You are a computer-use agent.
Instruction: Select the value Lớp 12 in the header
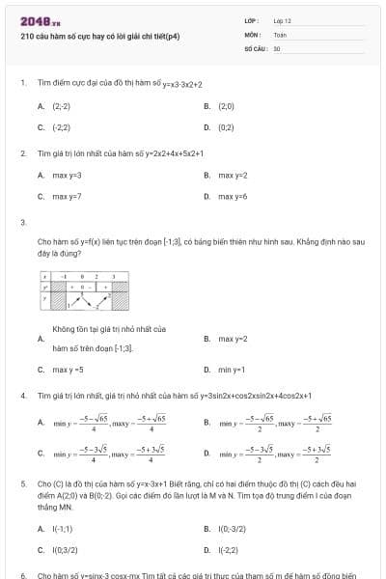tap(282, 20)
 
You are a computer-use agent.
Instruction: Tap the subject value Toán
tap(280, 34)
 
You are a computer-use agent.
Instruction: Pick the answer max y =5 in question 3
tap(68, 369)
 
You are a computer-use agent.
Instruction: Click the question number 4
tap(23, 396)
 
